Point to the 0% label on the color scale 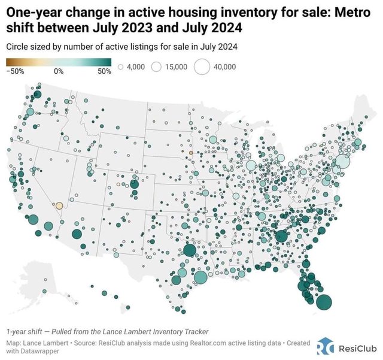coord(59,71)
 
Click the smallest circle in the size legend coord(121,68)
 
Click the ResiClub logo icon coord(325,346)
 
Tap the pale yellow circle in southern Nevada coord(59,205)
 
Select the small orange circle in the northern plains coord(191,153)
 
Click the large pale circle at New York coord(342,161)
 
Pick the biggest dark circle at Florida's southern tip coord(324,302)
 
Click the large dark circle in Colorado coord(134,184)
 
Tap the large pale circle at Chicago coord(251,165)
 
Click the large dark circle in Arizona coord(76,234)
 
